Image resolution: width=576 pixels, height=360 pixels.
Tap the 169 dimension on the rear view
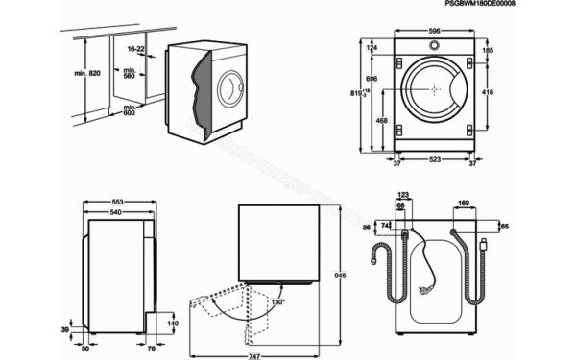(463, 204)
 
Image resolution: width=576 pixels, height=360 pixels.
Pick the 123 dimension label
(403, 195)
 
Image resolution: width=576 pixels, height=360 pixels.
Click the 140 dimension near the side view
(172, 325)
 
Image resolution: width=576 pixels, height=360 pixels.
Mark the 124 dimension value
(372, 48)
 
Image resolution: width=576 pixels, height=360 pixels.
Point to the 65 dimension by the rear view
(504, 228)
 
